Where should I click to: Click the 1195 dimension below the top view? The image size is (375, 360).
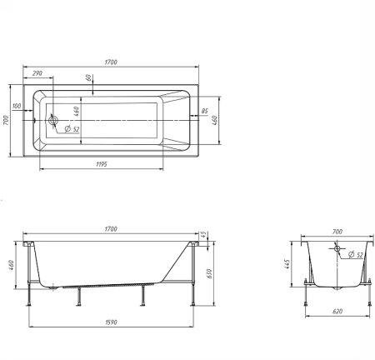pos(102,164)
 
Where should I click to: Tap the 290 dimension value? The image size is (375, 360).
pos(37,73)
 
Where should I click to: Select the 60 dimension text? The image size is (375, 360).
pos(89,77)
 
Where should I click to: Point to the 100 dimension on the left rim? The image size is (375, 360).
pos(17,106)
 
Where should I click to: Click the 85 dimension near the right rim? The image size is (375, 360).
pos(204,111)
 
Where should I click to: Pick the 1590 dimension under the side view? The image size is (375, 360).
pos(111,322)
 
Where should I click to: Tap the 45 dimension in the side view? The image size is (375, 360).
pos(203,234)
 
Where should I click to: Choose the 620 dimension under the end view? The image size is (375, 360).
pos(337,312)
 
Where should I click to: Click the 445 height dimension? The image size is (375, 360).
pos(287,264)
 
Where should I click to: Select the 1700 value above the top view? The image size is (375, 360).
pos(111,62)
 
